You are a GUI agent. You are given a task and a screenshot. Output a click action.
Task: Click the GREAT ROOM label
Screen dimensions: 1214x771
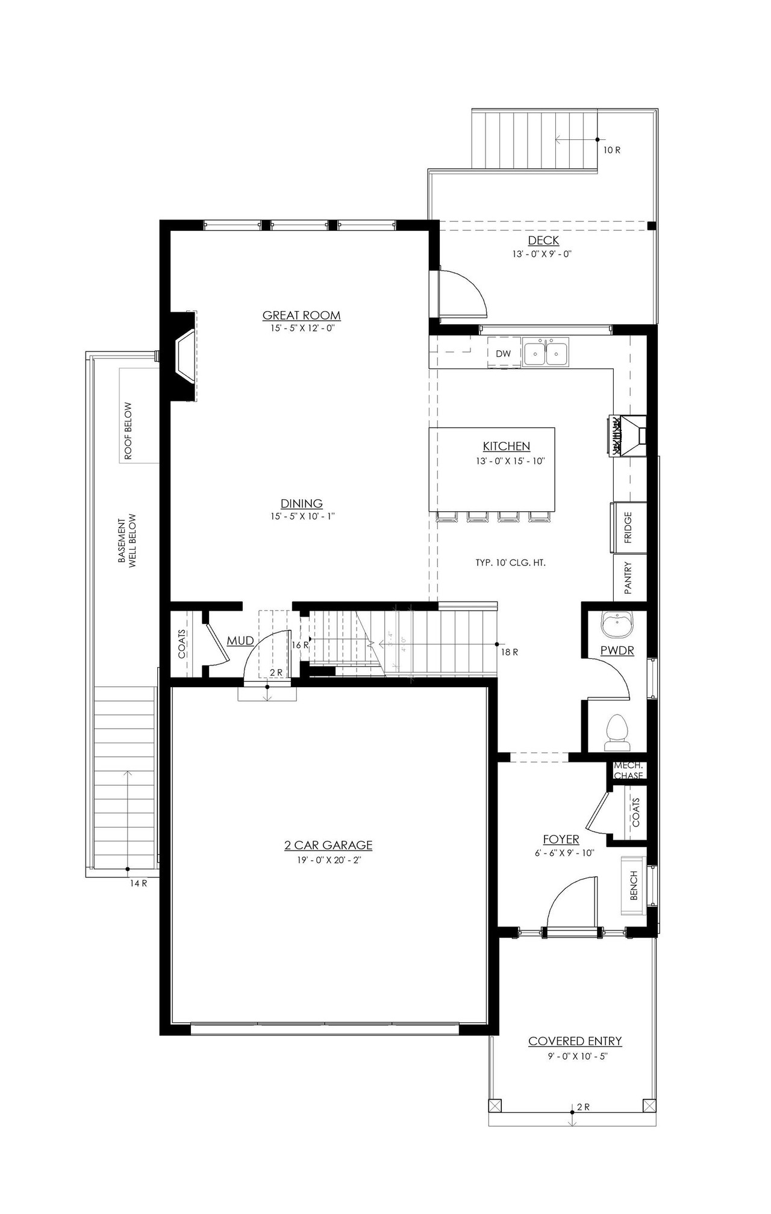301,315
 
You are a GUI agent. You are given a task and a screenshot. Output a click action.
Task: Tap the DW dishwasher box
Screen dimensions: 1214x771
503,354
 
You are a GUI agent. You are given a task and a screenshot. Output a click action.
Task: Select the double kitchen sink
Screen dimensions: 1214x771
545,353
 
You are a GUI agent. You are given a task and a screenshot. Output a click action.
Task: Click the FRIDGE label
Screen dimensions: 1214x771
628,527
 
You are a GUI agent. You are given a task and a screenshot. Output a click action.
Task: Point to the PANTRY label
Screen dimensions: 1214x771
628,578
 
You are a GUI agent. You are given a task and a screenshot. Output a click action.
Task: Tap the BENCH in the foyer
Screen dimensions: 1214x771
634,885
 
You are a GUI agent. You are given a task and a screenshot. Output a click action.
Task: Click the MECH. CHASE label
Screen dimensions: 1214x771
628,770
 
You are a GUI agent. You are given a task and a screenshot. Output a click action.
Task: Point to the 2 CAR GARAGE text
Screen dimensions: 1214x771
328,845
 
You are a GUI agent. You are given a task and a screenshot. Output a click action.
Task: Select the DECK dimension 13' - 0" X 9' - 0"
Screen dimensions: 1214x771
542,254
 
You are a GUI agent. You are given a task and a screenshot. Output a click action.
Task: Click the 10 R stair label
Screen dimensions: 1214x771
611,150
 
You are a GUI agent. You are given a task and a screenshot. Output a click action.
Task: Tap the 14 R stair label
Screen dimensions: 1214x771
139,883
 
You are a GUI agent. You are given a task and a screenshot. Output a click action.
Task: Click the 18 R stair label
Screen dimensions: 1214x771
510,652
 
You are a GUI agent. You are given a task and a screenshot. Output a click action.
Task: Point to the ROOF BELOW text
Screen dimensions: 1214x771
128,431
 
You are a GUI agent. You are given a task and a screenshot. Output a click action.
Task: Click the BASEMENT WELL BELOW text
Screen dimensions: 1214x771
127,540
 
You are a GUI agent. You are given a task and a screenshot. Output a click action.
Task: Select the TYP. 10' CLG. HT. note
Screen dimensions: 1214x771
510,563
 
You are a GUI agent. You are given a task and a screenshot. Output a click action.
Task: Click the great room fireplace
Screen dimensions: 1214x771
184,356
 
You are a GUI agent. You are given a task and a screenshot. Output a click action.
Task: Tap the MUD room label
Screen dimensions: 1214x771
240,641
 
